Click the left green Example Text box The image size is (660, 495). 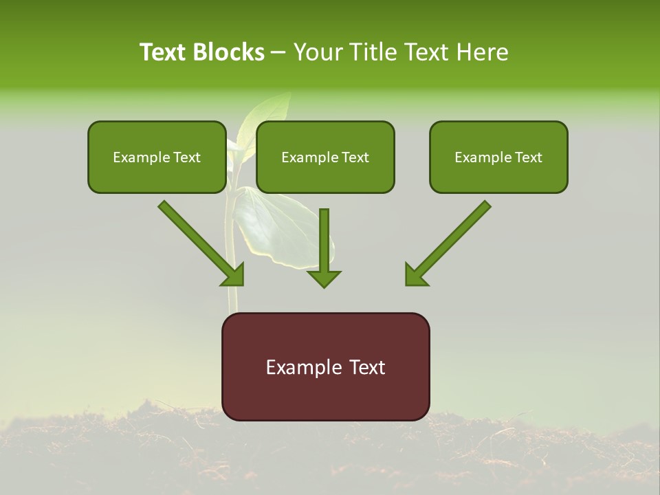(x=157, y=157)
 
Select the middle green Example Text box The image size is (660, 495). (x=325, y=157)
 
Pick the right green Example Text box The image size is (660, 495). (x=498, y=157)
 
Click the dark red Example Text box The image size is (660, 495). (x=325, y=366)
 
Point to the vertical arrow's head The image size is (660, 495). (x=324, y=278)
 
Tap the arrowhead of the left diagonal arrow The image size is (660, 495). (x=234, y=275)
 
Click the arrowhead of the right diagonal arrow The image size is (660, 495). (x=415, y=275)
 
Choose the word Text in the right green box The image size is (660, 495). (x=529, y=157)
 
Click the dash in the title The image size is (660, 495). (x=278, y=53)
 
